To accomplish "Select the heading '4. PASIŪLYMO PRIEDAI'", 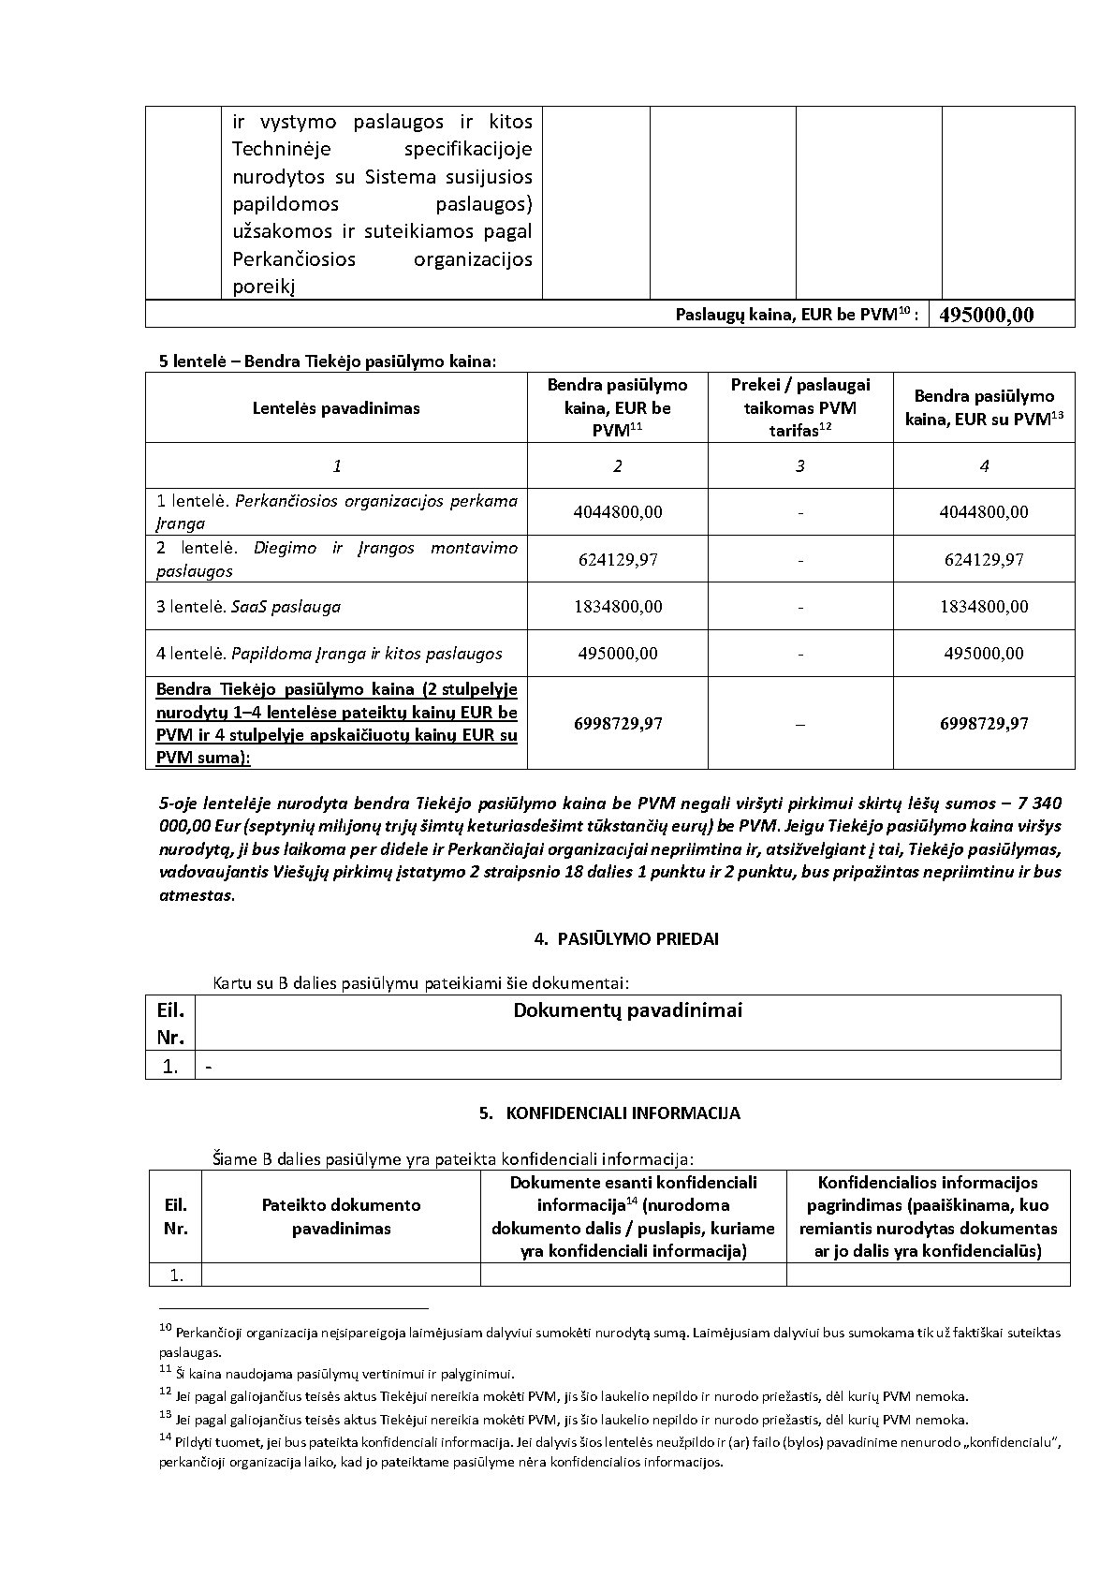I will click(625, 938).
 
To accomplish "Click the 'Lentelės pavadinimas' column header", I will click(336, 407).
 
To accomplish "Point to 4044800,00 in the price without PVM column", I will click(617, 512).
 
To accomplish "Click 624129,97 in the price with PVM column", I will click(984, 559).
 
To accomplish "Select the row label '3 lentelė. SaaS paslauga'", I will click(248, 606).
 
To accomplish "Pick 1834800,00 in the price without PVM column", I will click(617, 606).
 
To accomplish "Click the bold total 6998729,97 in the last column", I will click(984, 723).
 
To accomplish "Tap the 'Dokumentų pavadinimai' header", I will click(627, 1010).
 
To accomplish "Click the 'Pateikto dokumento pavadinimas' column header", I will click(341, 1216).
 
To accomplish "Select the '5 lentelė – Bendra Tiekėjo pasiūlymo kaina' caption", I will click(328, 361).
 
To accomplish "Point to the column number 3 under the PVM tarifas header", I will click(799, 465).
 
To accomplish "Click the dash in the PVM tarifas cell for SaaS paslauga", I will click(800, 607).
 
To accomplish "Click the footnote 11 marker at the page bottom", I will click(166, 1369).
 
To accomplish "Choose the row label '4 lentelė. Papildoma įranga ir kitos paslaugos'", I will click(329, 653).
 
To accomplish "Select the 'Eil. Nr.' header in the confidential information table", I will click(175, 1216).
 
